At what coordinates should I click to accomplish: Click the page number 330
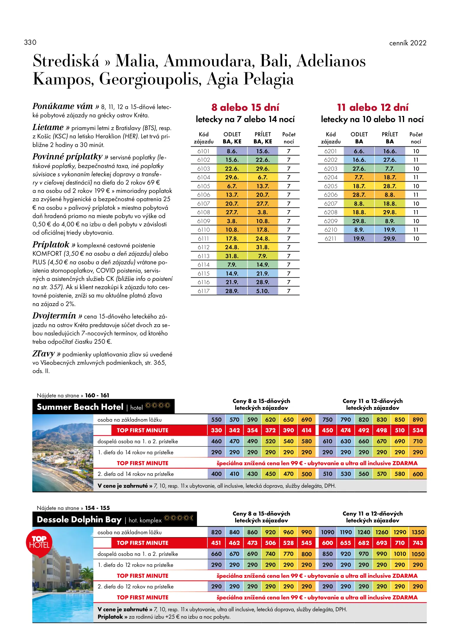[x=30, y=42]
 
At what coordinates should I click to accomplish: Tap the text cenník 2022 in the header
[x=408, y=43]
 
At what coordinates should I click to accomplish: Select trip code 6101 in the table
[x=204, y=151]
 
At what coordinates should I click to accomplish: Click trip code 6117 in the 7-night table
[x=204, y=291]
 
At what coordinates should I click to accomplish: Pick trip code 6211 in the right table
[x=331, y=239]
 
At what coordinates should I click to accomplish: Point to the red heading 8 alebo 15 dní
[x=245, y=107]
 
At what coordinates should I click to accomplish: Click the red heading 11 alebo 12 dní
[x=373, y=107]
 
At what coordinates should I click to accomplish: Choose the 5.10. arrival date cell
[x=263, y=291]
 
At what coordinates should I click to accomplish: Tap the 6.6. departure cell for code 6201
[x=359, y=151]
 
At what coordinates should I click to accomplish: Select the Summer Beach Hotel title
[x=80, y=407]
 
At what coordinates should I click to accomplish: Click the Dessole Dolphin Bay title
[x=79, y=519]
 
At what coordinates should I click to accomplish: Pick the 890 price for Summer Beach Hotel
[x=418, y=420]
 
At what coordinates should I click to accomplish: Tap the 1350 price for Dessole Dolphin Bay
[x=418, y=532]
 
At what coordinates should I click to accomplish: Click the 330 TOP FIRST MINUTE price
[x=216, y=430]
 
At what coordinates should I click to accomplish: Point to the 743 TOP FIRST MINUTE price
[x=418, y=543]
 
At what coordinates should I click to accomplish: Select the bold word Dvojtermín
[x=54, y=316]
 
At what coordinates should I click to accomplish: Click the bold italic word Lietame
[x=48, y=127]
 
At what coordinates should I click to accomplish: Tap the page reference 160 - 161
[x=97, y=395]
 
